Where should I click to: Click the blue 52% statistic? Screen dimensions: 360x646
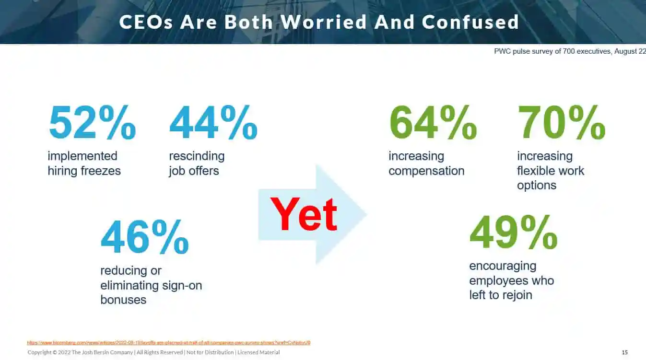click(x=92, y=123)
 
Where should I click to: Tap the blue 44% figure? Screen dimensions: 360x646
click(x=213, y=123)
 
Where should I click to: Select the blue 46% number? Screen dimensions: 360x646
click(x=144, y=237)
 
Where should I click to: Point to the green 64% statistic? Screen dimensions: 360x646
click(x=433, y=123)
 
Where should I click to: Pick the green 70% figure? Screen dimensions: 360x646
click(x=561, y=123)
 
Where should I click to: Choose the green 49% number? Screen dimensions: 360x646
click(x=513, y=233)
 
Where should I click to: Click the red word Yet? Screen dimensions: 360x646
click(x=304, y=214)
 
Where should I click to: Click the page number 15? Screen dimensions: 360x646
click(x=624, y=352)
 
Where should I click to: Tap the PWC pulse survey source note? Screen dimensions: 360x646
click(x=570, y=51)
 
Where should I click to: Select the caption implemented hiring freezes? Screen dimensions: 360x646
click(x=84, y=163)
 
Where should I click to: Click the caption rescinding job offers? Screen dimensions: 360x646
click(x=197, y=163)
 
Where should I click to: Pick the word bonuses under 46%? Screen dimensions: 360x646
click(x=123, y=300)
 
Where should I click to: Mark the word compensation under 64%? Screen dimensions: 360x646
click(x=426, y=171)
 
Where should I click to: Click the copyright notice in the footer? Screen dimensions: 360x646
click(x=153, y=352)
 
